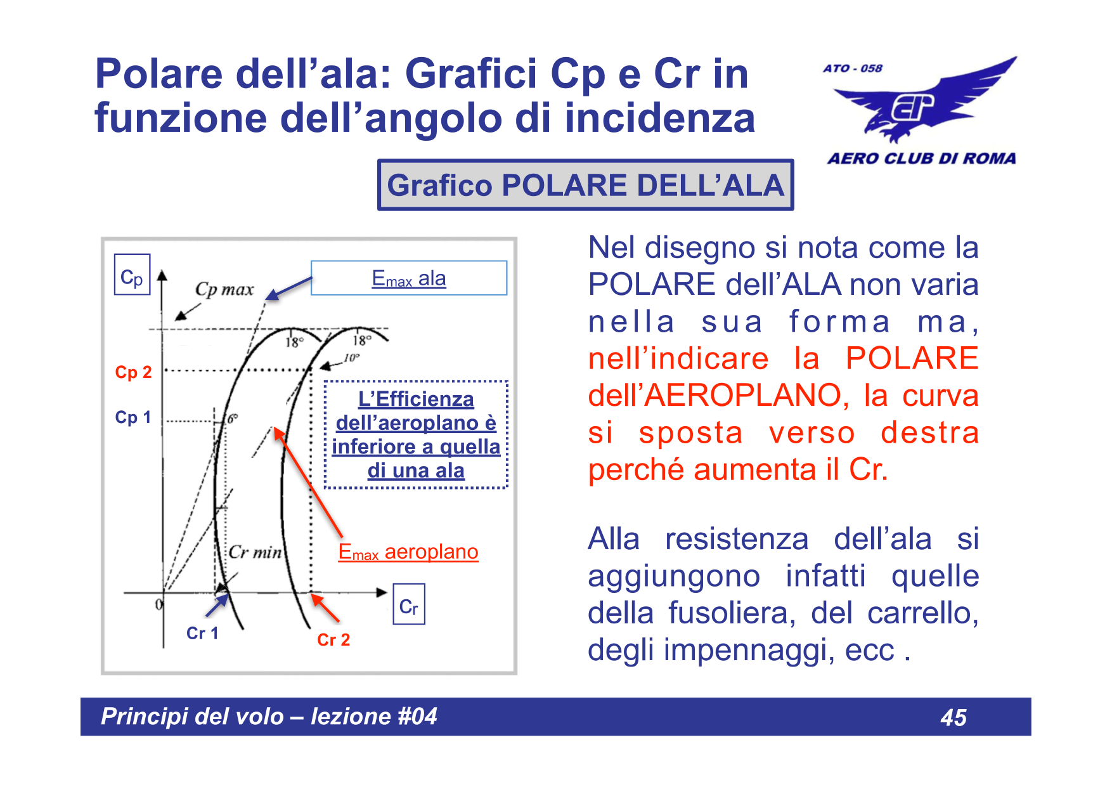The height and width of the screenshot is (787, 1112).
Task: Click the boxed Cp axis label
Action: coord(132,275)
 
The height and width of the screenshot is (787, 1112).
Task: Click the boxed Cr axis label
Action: coord(408,605)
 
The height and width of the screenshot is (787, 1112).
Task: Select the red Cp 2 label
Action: coord(133,372)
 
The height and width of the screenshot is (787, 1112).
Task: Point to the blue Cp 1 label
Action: coord(133,417)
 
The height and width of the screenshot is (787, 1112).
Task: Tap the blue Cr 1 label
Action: coord(202,633)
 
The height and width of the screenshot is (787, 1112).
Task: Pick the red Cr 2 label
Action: coord(333,639)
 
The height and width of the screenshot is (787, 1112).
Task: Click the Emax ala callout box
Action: coord(409,278)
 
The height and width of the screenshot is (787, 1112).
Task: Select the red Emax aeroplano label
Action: coord(408,552)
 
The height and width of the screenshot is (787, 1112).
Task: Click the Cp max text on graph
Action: coord(224,289)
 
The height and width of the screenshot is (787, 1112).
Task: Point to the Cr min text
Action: coord(255,552)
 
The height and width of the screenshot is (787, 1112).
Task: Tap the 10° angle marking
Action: coord(352,358)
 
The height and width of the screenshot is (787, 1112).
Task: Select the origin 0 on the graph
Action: coord(158,604)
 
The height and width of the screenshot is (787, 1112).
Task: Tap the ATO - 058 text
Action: coord(853,68)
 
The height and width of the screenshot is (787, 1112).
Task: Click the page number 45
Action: coord(954,717)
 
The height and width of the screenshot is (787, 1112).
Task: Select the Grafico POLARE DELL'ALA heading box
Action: coord(585,185)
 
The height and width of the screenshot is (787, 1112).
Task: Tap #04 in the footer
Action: coord(417,717)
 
